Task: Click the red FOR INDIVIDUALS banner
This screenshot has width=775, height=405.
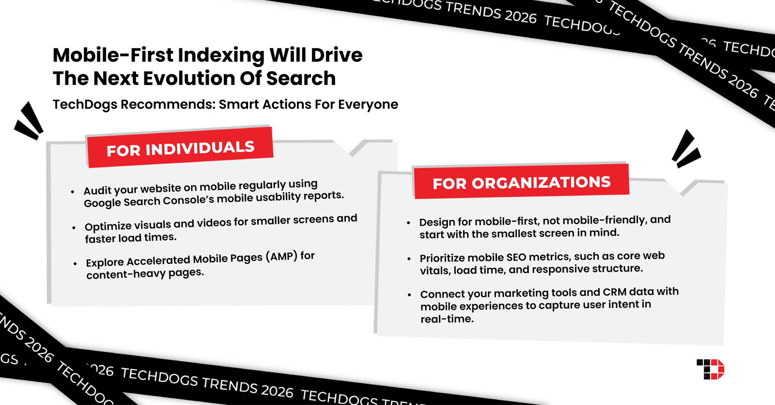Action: tap(180, 147)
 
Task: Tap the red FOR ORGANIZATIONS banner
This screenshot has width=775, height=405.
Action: tap(521, 182)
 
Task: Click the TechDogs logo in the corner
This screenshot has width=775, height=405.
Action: tap(711, 369)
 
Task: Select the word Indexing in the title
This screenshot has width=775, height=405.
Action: tap(221, 56)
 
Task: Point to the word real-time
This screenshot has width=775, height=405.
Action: tap(447, 319)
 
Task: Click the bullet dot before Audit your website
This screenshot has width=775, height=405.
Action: tap(73, 192)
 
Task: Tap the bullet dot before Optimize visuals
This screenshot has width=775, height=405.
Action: tap(74, 227)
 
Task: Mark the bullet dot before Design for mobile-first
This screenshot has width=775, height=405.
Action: tap(408, 223)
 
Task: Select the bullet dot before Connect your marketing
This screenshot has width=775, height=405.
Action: tap(409, 294)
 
